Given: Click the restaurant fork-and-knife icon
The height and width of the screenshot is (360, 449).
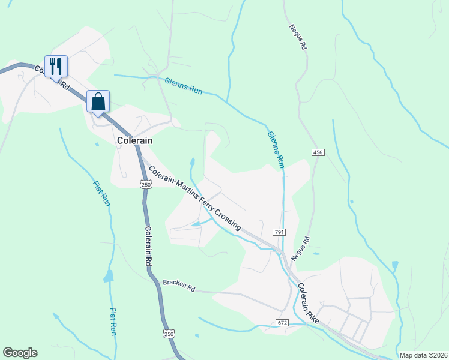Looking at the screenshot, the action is tap(56, 65).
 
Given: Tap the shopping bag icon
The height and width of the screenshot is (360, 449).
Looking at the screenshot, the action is tap(98, 101).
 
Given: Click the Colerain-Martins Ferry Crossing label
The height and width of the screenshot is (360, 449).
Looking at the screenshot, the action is tap(195, 198).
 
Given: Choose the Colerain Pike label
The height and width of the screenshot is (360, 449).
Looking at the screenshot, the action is tap(310, 305).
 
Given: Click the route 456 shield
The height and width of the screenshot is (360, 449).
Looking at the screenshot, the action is tap(318, 153).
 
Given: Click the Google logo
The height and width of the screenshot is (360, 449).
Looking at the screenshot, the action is tap(20, 353).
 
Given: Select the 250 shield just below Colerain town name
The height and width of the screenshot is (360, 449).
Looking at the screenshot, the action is tap(146, 185).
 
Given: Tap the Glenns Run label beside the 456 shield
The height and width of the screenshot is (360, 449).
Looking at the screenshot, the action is tap(276, 149).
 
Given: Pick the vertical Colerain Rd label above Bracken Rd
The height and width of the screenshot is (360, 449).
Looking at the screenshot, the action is tap(148, 246).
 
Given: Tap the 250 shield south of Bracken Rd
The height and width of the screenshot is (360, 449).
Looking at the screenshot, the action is tap(169, 334).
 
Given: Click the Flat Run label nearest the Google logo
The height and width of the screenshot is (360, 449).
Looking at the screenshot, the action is tap(113, 322).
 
